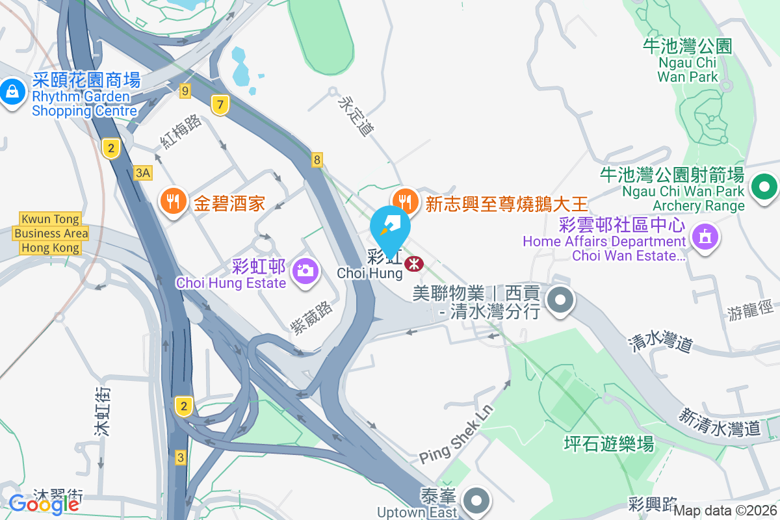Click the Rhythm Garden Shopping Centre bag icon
point(13,90)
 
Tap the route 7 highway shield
point(221,104)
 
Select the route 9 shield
point(185,91)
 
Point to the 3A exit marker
point(143,172)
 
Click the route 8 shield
point(317,159)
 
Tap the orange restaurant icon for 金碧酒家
point(172,201)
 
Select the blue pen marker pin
point(391,230)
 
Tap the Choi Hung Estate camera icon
point(305,269)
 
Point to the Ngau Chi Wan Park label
point(688,61)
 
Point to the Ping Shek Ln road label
point(457,435)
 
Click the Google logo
point(44,504)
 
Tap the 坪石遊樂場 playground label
point(608,444)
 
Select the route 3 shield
point(181,457)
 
